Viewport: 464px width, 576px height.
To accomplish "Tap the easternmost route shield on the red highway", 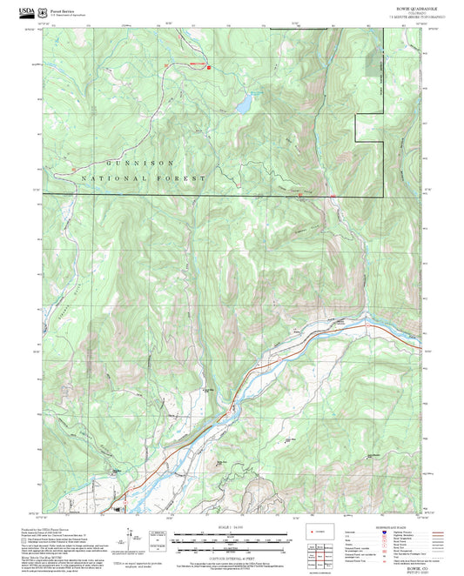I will point(393,329).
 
